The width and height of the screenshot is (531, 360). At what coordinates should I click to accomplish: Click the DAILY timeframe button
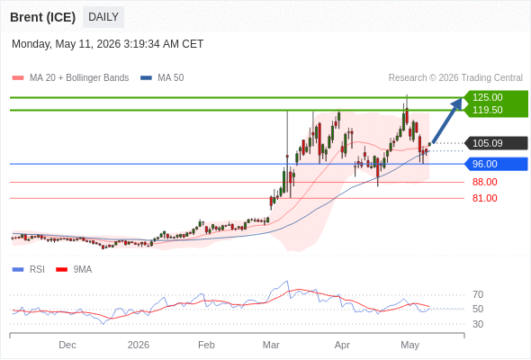[x=103, y=17]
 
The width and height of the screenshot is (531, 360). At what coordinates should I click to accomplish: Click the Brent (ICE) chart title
[x=42, y=17]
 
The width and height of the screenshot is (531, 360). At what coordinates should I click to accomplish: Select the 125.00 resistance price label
[x=487, y=97]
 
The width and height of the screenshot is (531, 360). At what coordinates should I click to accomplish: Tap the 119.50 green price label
[x=487, y=110]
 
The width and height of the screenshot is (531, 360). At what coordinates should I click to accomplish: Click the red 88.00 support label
[x=484, y=182]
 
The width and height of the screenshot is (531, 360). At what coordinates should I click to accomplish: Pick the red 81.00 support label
[x=484, y=198]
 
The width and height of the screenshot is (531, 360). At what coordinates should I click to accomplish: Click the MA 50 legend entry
[x=162, y=78]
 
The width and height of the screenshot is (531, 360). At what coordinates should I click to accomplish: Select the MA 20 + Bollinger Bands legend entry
[x=70, y=78]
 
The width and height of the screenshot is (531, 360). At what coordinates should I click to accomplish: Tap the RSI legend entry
[x=29, y=270]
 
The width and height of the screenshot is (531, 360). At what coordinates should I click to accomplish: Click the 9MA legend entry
[x=74, y=270]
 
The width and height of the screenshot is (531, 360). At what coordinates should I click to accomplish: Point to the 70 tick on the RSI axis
[x=478, y=294]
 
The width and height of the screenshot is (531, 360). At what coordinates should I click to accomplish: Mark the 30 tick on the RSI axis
[x=478, y=324]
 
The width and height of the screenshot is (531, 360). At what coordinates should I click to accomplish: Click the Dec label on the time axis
[x=67, y=345]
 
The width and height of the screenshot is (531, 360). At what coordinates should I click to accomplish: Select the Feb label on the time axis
[x=206, y=345]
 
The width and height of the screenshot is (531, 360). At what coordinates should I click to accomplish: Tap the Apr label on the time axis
[x=342, y=345]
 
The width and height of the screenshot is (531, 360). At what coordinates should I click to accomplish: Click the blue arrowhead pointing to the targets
[x=458, y=103]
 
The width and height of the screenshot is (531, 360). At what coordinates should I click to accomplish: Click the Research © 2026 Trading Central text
[x=455, y=78]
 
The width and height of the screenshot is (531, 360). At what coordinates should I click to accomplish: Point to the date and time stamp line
[x=108, y=44]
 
